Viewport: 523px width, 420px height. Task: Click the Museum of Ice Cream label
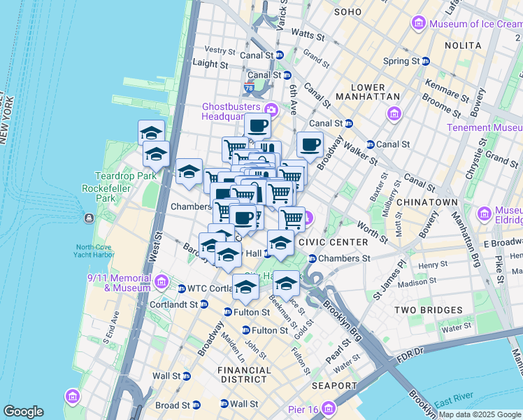[x=473, y=24]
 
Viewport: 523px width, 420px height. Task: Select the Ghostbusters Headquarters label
[x=231, y=111]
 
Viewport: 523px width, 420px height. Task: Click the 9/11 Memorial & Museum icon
[x=162, y=282]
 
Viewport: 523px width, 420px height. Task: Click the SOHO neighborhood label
[x=348, y=12]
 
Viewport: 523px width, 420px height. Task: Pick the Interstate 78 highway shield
[x=249, y=89]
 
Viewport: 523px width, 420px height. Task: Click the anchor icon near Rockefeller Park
[x=89, y=218]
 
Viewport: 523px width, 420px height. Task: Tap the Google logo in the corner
[x=23, y=412]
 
